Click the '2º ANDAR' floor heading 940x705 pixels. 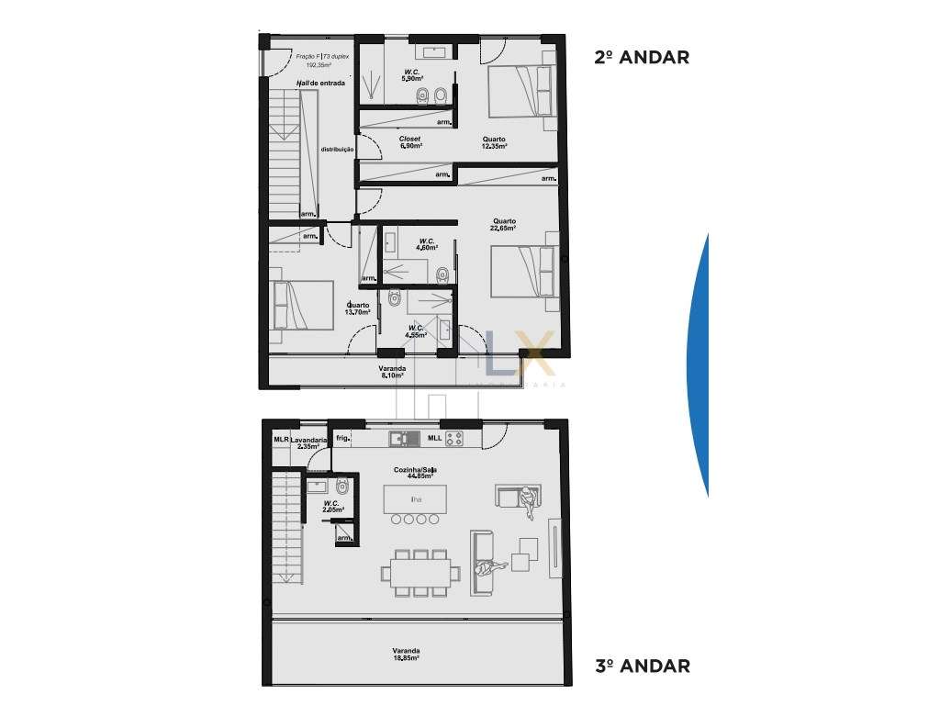(x=642, y=57)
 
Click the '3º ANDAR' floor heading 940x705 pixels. (x=642, y=666)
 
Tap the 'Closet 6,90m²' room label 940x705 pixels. (x=410, y=142)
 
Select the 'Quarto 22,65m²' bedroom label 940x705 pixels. (x=503, y=225)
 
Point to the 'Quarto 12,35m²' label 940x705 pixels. (x=495, y=142)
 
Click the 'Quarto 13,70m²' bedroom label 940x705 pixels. (x=357, y=308)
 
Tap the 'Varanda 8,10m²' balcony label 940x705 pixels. (x=392, y=372)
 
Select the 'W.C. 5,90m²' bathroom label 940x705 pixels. (x=411, y=75)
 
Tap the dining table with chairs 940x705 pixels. (x=421, y=574)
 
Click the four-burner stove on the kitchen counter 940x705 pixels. (x=454, y=438)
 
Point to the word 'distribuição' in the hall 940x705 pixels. (x=337, y=149)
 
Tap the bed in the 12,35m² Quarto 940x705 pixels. (x=519, y=92)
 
